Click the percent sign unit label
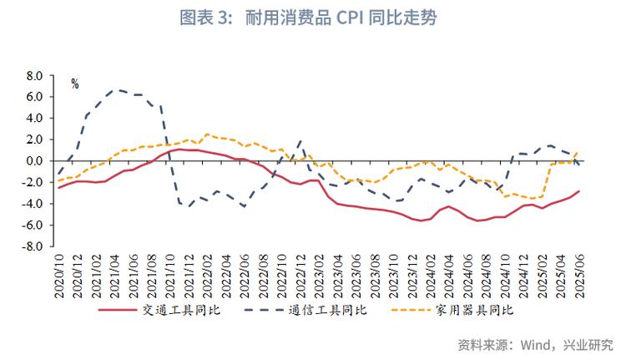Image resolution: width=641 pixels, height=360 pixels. pos(74,84)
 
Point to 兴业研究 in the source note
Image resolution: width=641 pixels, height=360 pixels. pos(589,343)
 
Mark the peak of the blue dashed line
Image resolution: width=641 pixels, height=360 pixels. pos(119,89)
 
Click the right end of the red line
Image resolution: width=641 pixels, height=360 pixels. pos(579,190)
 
